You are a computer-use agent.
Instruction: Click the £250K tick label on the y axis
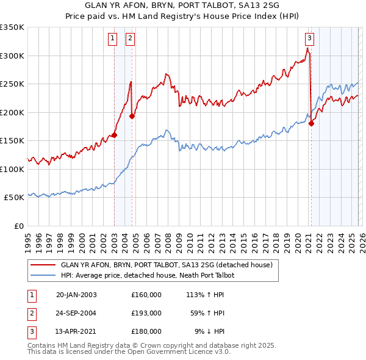click(12, 84)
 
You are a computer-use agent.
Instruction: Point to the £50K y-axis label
click(14, 198)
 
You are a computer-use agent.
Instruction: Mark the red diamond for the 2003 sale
click(114, 135)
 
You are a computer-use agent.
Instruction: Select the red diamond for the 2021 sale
click(311, 124)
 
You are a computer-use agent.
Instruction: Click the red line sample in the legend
click(43, 265)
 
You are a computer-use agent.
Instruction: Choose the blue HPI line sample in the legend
click(43, 276)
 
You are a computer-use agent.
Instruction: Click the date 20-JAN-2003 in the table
click(76, 295)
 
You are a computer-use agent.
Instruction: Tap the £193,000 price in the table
click(146, 313)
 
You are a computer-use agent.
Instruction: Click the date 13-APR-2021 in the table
click(76, 331)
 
